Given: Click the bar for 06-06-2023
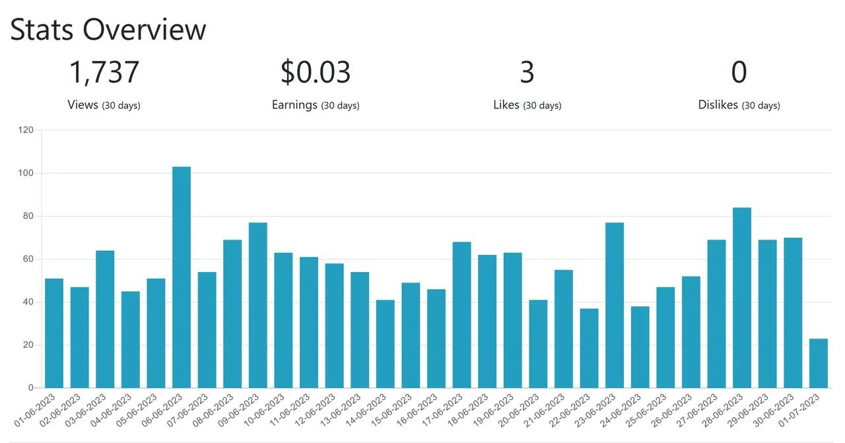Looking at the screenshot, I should click(182, 277).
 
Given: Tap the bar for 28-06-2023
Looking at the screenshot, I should click(742, 298).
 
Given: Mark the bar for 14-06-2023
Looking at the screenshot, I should click(386, 344).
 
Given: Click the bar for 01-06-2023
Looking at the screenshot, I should click(54, 333).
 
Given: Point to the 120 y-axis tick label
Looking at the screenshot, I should click(25, 130).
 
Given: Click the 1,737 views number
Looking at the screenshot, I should click(104, 73).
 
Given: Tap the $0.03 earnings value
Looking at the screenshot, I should click(316, 73).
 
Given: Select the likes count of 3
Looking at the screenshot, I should click(527, 73).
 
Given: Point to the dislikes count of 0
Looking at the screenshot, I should click(739, 73).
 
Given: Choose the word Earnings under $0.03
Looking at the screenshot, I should click(294, 105).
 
